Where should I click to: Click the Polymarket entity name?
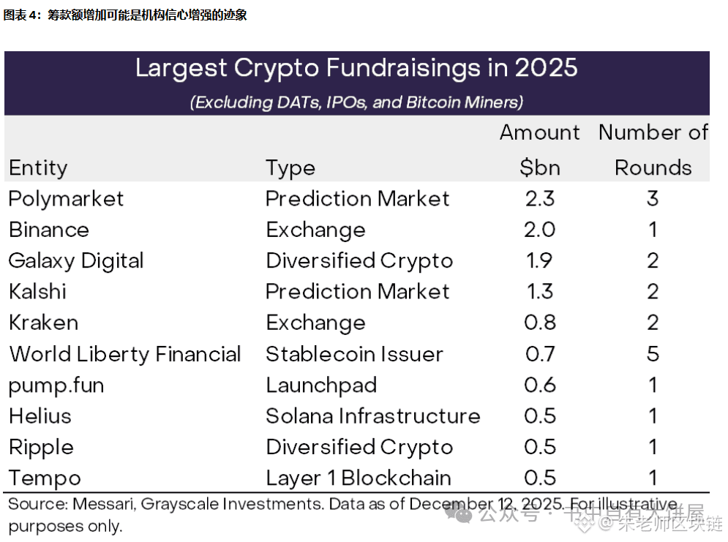click(67, 199)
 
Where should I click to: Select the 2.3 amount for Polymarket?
click(540, 199)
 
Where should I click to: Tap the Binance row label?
click(49, 230)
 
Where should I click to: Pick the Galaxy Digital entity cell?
click(76, 261)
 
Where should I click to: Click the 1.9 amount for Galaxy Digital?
click(540, 261)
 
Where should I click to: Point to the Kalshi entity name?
click(37, 292)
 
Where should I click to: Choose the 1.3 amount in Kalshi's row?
click(540, 292)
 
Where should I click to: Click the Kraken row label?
click(43, 323)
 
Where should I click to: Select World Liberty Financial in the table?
click(125, 355)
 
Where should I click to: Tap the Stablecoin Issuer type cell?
click(354, 355)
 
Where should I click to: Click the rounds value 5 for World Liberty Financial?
click(653, 355)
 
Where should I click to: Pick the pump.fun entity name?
click(56, 385)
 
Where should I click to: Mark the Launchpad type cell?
click(321, 385)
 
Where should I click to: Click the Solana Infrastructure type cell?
click(372, 416)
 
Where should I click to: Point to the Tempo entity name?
click(45, 478)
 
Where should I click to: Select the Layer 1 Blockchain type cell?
click(358, 478)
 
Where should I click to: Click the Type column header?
click(290, 168)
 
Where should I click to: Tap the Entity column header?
click(38, 168)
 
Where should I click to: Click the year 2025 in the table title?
click(545, 68)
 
